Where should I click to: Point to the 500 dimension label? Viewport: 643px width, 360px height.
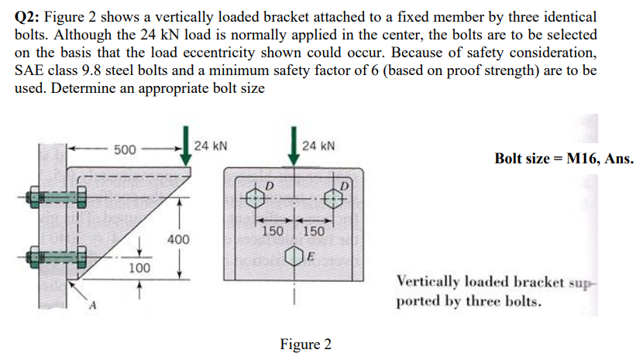click(x=125, y=148)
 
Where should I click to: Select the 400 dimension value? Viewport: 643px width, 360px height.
click(x=178, y=241)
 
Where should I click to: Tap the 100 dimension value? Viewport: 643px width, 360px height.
click(x=139, y=268)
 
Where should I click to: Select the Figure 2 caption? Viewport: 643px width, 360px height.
click(x=305, y=344)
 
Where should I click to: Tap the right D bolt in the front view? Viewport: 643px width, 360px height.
click(x=333, y=197)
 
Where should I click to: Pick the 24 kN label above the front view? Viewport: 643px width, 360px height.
click(x=318, y=145)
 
